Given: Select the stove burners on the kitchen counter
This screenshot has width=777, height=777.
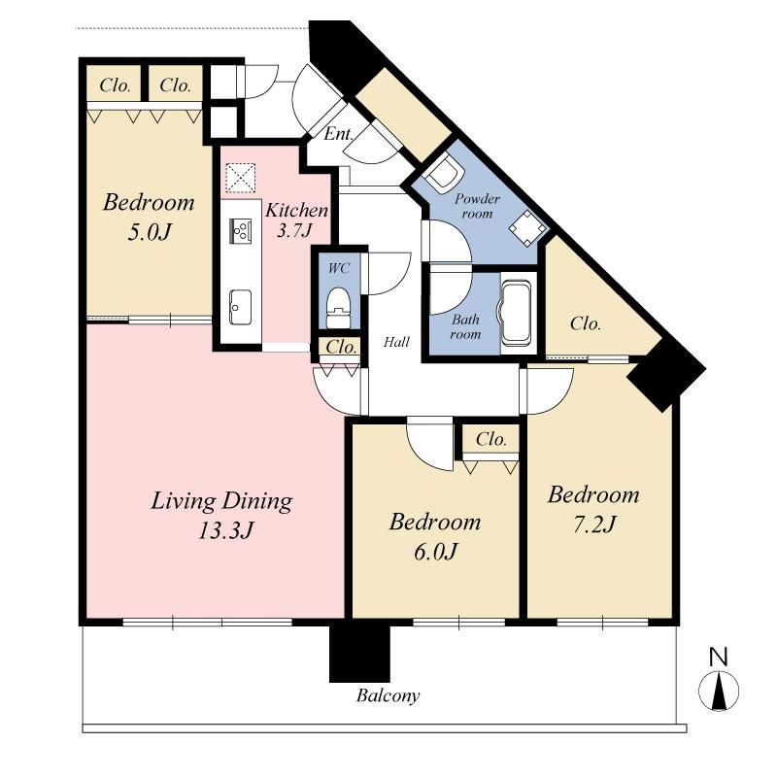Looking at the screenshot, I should [x=240, y=230].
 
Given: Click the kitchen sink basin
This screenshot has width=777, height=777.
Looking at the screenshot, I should [x=240, y=307].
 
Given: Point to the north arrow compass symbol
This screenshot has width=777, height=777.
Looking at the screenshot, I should [x=718, y=690].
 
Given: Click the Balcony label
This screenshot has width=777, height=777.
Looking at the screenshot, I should [x=388, y=696].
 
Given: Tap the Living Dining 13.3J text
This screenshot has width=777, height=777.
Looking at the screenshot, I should [x=221, y=516].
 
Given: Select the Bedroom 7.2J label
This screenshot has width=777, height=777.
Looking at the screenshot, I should [x=593, y=509].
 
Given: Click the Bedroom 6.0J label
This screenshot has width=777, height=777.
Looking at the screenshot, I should [x=434, y=536].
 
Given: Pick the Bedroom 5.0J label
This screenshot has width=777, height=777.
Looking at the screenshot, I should [x=149, y=219].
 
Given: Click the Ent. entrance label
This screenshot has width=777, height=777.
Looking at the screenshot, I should [x=338, y=134].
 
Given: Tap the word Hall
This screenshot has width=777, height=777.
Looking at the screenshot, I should [x=396, y=342].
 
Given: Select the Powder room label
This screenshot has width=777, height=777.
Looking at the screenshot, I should [x=477, y=206].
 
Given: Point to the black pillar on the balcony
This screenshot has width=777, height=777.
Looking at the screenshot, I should [x=359, y=652].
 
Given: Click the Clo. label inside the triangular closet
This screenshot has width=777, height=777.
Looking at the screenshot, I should [x=586, y=324].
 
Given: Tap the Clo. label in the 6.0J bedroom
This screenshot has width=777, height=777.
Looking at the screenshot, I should [x=491, y=440].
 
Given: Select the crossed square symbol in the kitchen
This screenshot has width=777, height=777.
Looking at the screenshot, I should [x=239, y=179].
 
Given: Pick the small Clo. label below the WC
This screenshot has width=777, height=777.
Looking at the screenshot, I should [x=340, y=347].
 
